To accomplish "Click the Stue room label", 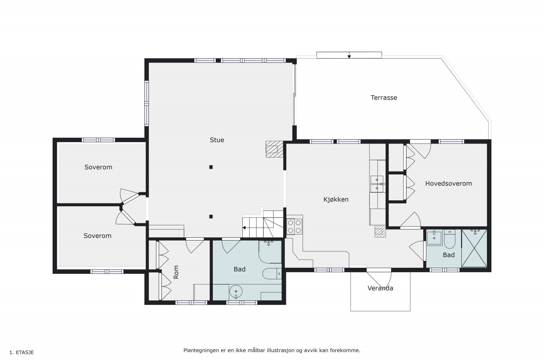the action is [x=217, y=140].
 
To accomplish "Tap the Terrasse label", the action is [x=384, y=98].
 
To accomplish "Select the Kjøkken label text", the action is [x=336, y=199].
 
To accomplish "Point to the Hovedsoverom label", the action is [x=448, y=183].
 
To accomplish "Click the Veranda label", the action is [x=380, y=288].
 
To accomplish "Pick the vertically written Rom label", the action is [x=176, y=272].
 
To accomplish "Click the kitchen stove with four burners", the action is [x=294, y=227].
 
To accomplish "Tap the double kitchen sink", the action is [x=377, y=184].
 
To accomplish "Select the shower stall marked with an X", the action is [x=474, y=248].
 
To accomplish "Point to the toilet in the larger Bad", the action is [x=272, y=274].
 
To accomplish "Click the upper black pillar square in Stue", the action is [x=211, y=167].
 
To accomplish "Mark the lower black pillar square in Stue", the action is [x=211, y=217].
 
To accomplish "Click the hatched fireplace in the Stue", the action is [x=274, y=149].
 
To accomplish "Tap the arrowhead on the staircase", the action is [x=244, y=228].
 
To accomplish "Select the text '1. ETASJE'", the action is [x=22, y=352].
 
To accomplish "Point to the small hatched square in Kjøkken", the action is [x=380, y=231].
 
